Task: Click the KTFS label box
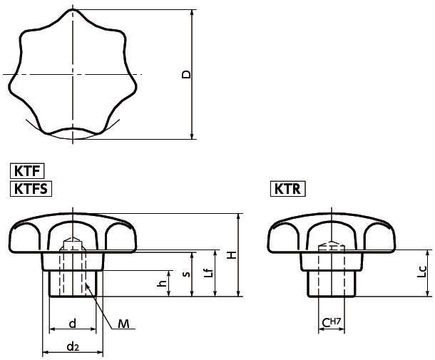pos(31,188)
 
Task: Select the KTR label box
pos(288,188)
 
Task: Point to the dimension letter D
pos(186,74)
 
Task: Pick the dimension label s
pos(185,273)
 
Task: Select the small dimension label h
pos(163,283)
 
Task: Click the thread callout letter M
pos(123,324)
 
